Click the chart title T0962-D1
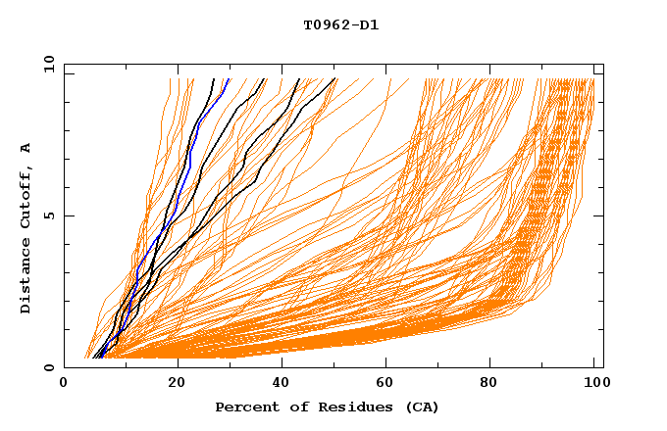[340, 24]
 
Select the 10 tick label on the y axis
[46, 64]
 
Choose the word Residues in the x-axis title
[336, 407]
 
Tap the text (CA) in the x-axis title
[422, 407]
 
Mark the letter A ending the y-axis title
[26, 147]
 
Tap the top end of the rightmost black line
[334, 79]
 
